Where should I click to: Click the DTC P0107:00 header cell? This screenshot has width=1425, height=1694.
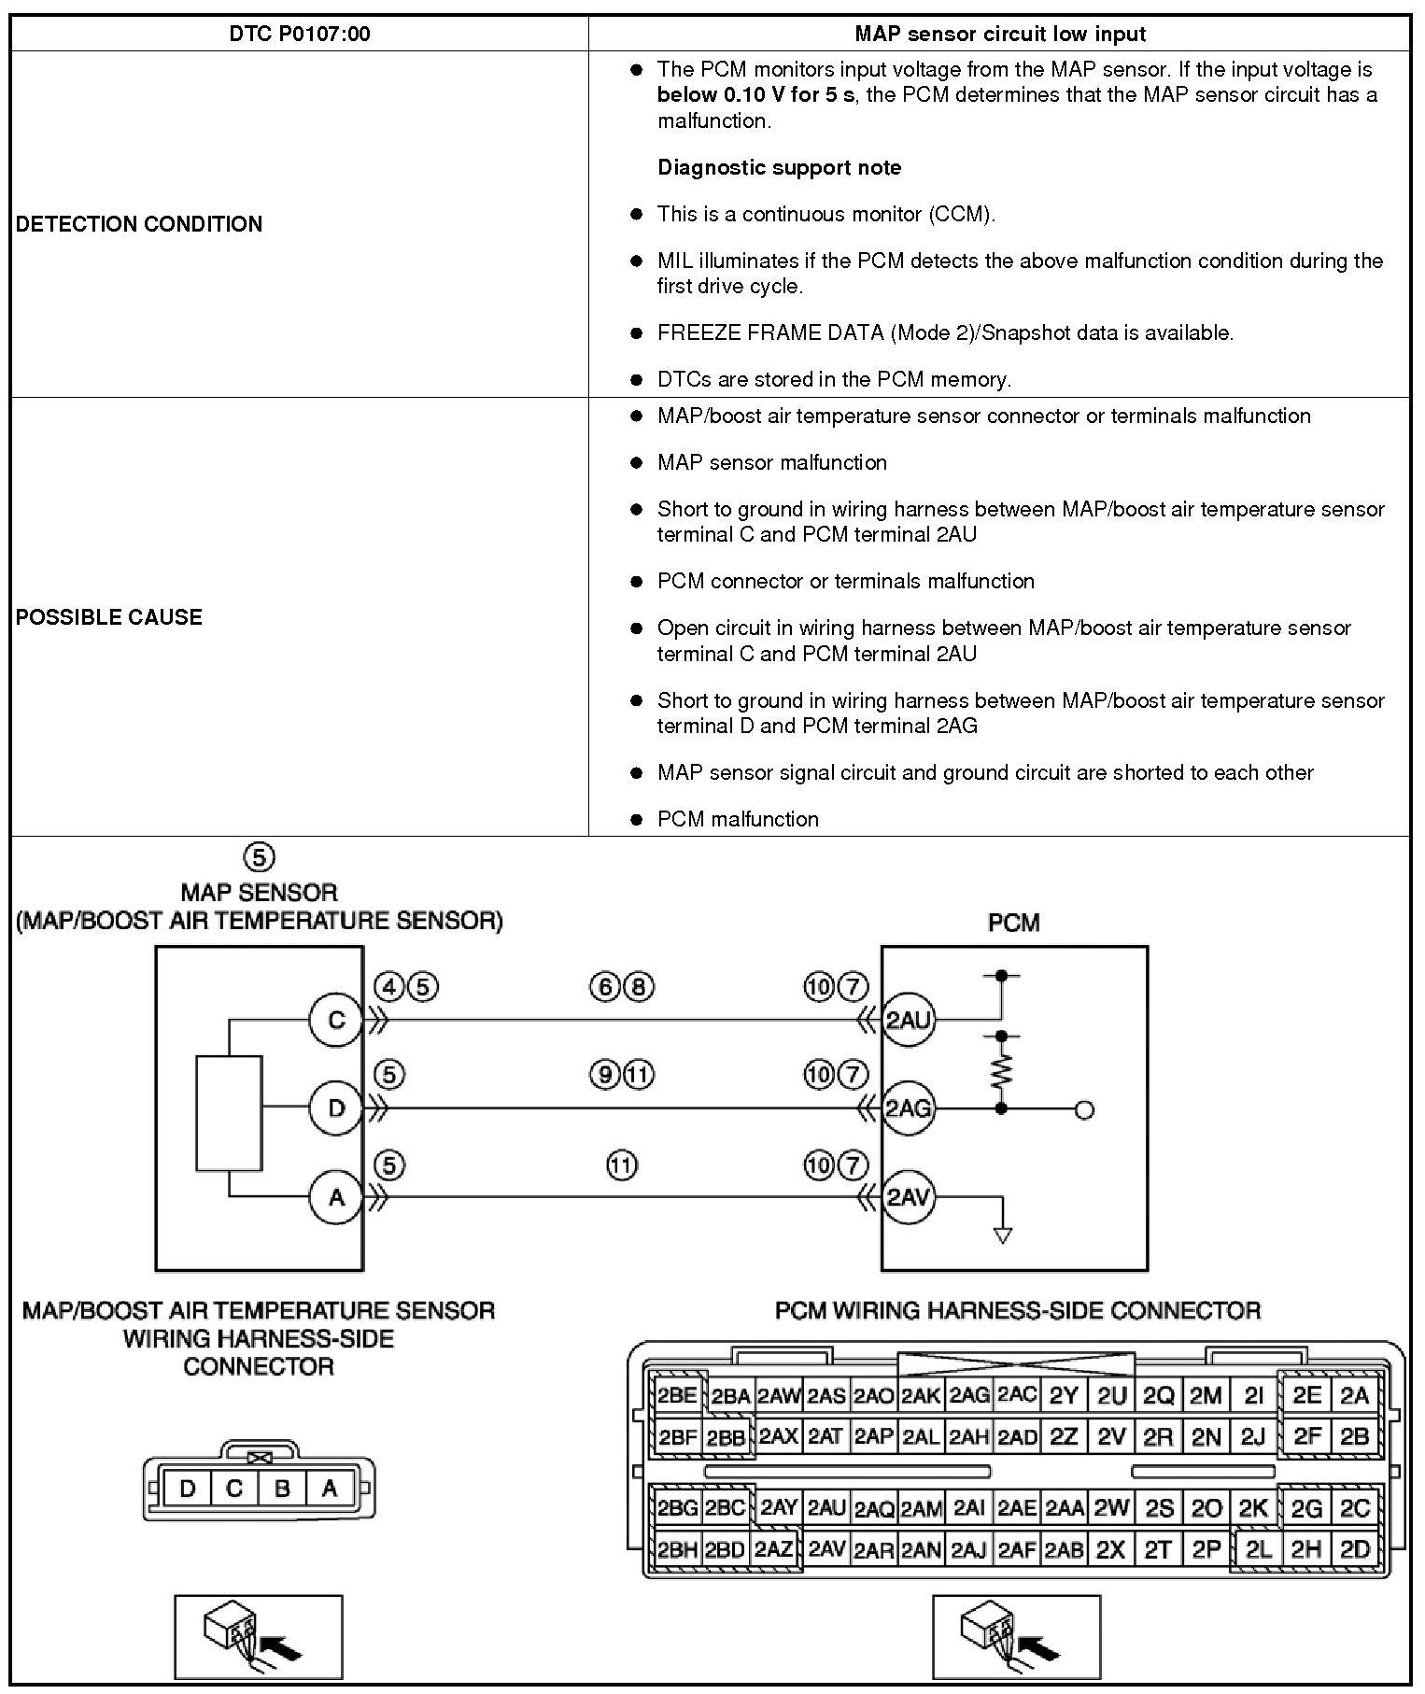pyautogui.click(x=299, y=35)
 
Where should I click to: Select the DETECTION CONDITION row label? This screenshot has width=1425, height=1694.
pyautogui.click(x=139, y=224)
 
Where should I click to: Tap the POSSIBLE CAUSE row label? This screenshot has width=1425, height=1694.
pyautogui.click(x=109, y=617)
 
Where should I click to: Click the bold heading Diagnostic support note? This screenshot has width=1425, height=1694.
pyautogui.click(x=780, y=168)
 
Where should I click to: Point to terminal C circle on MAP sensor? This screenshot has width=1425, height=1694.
pyautogui.click(x=336, y=1021)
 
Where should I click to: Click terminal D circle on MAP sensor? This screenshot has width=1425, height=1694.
pyautogui.click(x=336, y=1108)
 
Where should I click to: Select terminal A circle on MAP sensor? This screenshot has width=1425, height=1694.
pyautogui.click(x=336, y=1196)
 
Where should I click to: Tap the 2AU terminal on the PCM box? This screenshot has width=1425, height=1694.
pyautogui.click(x=909, y=1021)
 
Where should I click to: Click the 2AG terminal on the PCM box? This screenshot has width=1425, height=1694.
pyautogui.click(x=909, y=1108)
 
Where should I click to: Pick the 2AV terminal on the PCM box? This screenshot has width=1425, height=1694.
pyautogui.click(x=909, y=1196)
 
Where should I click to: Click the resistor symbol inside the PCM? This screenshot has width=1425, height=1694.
pyautogui.click(x=1001, y=1071)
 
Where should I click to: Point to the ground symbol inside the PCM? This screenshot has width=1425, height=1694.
pyautogui.click(x=1003, y=1235)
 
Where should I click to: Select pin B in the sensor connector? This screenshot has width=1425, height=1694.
pyautogui.click(x=281, y=1489)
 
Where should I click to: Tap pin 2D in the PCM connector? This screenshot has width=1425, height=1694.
pyautogui.click(x=1355, y=1551)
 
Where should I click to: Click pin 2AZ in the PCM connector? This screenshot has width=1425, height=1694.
pyautogui.click(x=774, y=1551)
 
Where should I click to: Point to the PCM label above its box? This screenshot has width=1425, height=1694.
pyautogui.click(x=1013, y=923)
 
